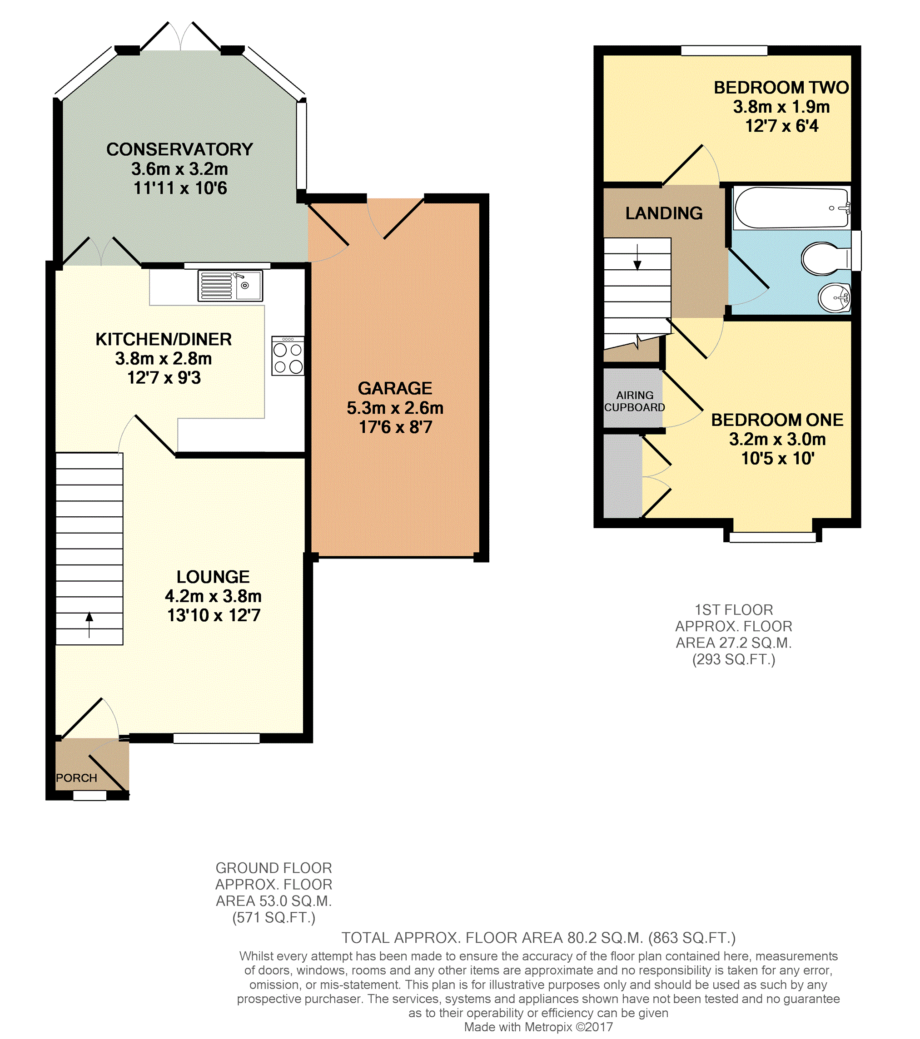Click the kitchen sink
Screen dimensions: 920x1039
[230, 286]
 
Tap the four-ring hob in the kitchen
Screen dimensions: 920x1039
[288, 356]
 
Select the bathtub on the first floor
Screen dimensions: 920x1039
[792, 208]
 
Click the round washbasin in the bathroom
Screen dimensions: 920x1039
[834, 297]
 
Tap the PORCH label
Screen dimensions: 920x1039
[76, 778]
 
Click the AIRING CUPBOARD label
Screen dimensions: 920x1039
[634, 401]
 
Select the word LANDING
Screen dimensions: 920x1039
[664, 213]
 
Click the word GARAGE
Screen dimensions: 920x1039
[395, 388]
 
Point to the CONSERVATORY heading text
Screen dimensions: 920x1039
[179, 149]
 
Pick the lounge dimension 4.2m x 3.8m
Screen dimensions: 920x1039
[213, 596]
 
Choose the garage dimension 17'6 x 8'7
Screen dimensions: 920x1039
[395, 427]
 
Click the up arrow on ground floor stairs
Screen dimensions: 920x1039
[89, 625]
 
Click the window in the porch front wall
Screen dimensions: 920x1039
[90, 796]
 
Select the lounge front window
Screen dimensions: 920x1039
[216, 738]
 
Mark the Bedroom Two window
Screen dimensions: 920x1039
[724, 50]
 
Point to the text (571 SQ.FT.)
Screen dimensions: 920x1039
[274, 917]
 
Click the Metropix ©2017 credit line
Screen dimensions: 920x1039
[538, 1027]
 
